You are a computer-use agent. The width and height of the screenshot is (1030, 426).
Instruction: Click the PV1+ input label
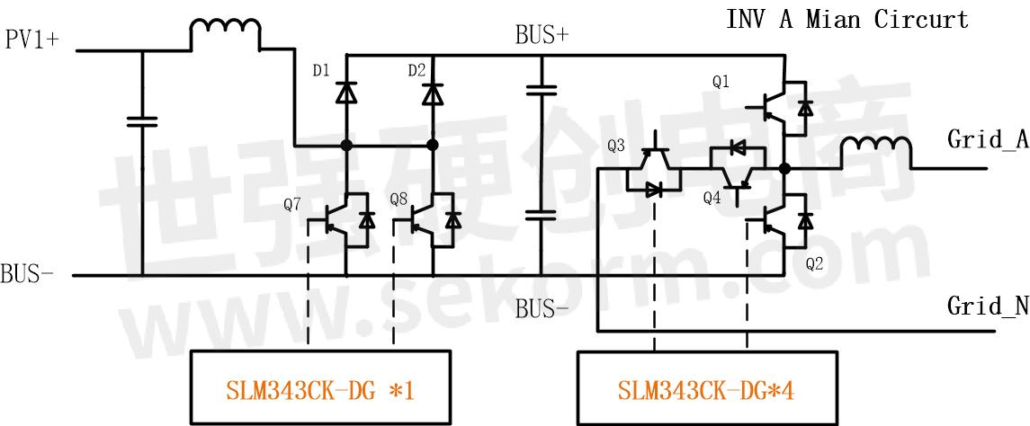[31, 40]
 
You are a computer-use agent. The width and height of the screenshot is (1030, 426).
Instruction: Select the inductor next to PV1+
[225, 36]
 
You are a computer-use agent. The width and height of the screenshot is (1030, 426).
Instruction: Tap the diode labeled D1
[346, 92]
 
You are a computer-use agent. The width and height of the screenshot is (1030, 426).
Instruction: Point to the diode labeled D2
[433, 92]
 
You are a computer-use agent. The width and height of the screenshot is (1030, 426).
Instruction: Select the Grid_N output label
[987, 306]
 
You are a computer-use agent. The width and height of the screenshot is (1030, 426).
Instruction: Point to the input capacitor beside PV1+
[141, 121]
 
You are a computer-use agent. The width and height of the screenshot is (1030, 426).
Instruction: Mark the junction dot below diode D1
[346, 145]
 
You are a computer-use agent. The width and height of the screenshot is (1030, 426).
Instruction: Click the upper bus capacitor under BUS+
[542, 90]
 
